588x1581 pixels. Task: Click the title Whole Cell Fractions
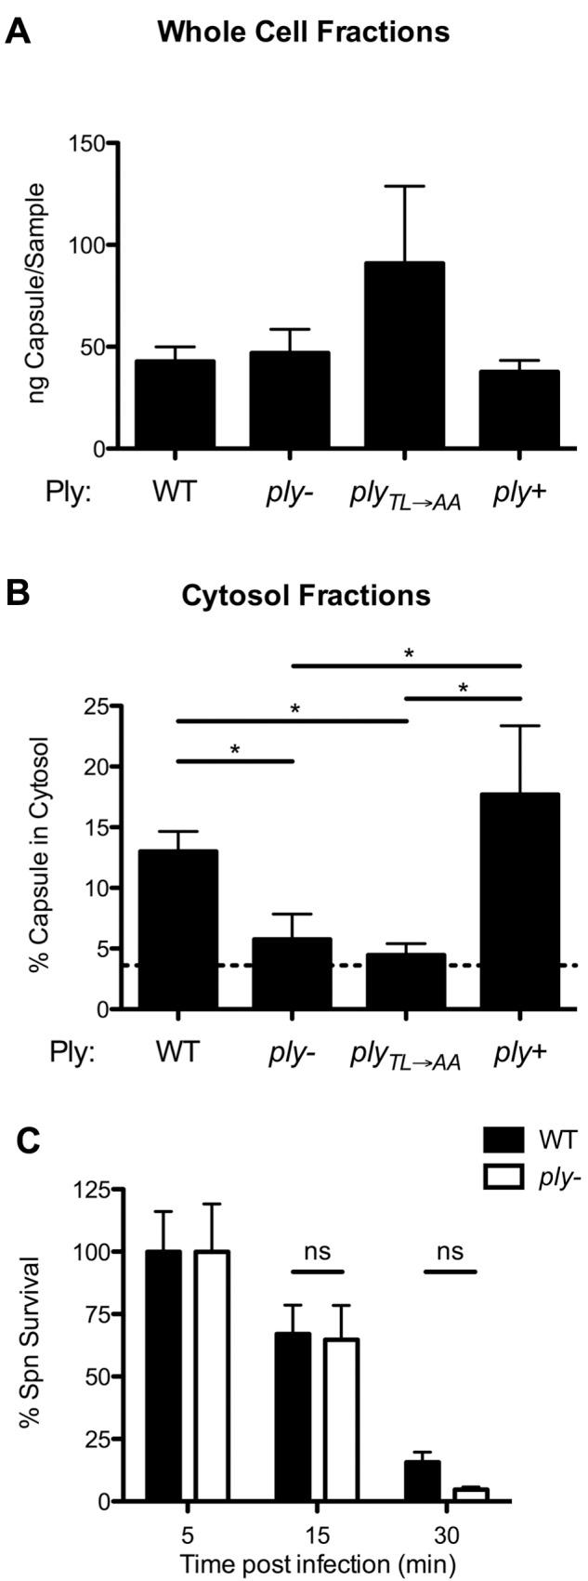click(304, 33)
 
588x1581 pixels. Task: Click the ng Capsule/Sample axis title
click(38, 296)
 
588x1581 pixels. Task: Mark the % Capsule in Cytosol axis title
click(39, 856)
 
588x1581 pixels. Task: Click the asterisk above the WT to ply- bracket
click(235, 748)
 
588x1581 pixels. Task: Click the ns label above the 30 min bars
click(450, 1251)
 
